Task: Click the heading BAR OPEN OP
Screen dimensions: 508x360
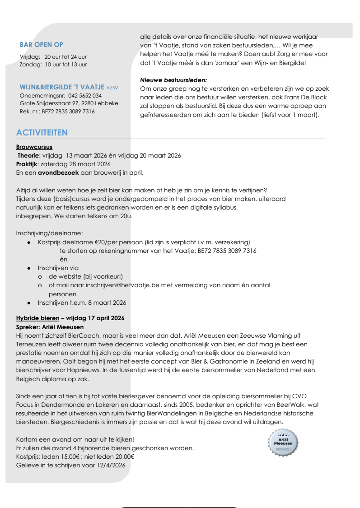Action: [42, 45]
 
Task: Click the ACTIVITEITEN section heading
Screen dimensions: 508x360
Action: [42, 132]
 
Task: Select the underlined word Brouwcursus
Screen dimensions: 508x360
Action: [34, 147]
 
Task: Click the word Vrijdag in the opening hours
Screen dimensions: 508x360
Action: [29, 57]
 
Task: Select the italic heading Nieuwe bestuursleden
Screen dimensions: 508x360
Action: [173, 79]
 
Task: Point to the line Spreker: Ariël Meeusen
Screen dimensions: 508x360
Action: [50, 326]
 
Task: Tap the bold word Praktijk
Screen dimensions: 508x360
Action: [27, 163]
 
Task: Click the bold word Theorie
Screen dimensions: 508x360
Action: [28, 155]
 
